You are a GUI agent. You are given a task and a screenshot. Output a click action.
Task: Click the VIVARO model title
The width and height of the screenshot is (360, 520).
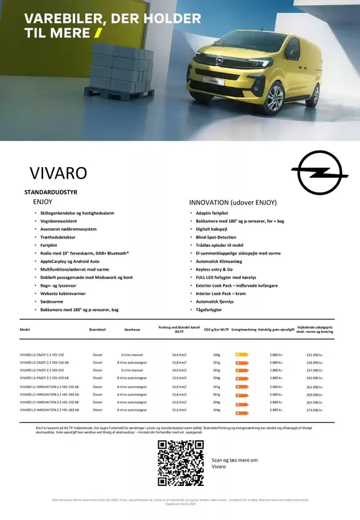click(58, 174)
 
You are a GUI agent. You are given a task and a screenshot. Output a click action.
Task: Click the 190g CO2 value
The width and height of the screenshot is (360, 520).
click(217, 354)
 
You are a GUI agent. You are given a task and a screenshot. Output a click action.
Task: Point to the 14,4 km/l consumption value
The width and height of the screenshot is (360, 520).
click(179, 354)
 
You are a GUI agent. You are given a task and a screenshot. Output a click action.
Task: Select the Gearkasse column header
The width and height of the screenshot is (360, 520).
click(132, 329)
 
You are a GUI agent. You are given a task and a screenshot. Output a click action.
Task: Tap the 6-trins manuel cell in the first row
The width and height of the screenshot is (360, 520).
click(132, 354)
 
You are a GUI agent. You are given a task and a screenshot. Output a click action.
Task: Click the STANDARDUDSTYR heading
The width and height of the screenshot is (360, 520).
click(51, 192)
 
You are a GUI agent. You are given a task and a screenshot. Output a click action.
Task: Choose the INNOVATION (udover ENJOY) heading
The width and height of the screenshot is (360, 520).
click(233, 202)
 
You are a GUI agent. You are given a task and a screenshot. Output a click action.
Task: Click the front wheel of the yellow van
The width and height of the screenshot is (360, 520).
click(274, 98)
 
